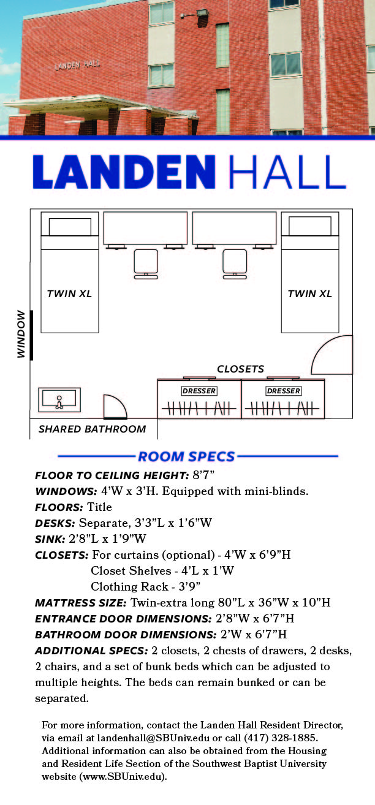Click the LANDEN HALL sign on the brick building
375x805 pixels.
click(x=78, y=65)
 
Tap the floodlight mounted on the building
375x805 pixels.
click(x=200, y=13)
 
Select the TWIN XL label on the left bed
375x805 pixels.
click(x=69, y=293)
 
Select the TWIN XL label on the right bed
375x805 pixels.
click(x=310, y=293)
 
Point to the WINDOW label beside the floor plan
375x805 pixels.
click(x=21, y=334)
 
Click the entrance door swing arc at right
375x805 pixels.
click(x=331, y=355)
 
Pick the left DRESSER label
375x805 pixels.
click(x=199, y=391)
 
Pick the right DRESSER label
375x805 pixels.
click(x=284, y=391)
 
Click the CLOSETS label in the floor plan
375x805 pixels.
click(x=241, y=369)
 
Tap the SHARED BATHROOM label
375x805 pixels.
click(x=93, y=429)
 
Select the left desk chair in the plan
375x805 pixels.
click(x=146, y=263)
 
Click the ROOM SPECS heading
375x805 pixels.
click(x=186, y=456)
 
